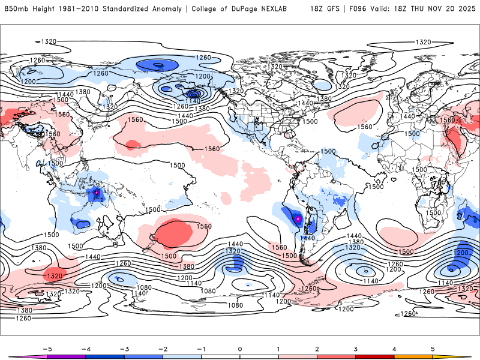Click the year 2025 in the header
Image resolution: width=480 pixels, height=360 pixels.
pos(466,9)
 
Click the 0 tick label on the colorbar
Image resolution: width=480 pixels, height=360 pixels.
pos(240,348)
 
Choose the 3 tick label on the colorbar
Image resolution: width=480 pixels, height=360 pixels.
pos(356,348)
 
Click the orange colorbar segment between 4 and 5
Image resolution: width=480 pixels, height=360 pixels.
pos(413,356)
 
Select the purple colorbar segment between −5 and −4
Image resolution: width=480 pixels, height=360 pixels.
pos(66,356)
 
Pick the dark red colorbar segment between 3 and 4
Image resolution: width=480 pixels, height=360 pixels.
pos(375,356)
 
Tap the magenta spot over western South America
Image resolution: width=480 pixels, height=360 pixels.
pos(298,219)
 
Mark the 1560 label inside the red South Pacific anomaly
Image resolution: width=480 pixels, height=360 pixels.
pos(204,226)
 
